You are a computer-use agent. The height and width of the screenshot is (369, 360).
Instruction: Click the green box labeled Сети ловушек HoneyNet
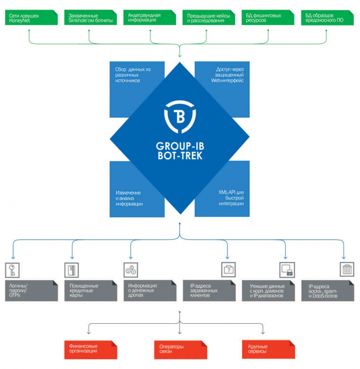(x=32, y=17)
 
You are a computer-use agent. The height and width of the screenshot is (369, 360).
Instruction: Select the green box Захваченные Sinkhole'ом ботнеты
(x=91, y=17)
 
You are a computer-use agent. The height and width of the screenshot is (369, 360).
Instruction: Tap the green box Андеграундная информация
(x=149, y=17)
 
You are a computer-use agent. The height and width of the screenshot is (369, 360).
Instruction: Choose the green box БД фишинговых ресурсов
(x=268, y=17)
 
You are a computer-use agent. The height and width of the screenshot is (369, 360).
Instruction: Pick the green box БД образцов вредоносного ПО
(x=327, y=17)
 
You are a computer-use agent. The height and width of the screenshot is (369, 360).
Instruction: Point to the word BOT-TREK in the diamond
(x=180, y=156)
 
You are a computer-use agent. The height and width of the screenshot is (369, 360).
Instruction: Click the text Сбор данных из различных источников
(x=133, y=75)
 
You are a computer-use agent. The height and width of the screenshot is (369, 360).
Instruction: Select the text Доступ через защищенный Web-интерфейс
(x=227, y=75)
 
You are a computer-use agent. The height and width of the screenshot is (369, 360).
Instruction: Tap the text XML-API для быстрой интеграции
(x=231, y=198)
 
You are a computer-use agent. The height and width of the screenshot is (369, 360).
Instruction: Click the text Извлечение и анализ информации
(x=129, y=198)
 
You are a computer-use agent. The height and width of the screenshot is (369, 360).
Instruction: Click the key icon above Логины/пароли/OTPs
(x=12, y=270)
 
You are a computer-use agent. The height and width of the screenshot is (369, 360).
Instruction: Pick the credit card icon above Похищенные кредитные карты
(x=72, y=270)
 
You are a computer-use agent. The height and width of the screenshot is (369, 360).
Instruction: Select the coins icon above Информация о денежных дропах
(x=131, y=270)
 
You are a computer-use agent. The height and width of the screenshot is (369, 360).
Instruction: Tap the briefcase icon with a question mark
(x=228, y=270)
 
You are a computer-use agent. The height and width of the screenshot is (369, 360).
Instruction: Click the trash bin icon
(x=347, y=269)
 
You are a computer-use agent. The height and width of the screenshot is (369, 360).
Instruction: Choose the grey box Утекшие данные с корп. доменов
(x=268, y=291)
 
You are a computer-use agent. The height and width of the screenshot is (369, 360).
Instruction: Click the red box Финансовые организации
(x=91, y=350)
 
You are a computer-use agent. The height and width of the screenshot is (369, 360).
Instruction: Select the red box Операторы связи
(x=181, y=350)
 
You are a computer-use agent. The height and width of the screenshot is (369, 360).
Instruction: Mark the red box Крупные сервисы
(x=268, y=350)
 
